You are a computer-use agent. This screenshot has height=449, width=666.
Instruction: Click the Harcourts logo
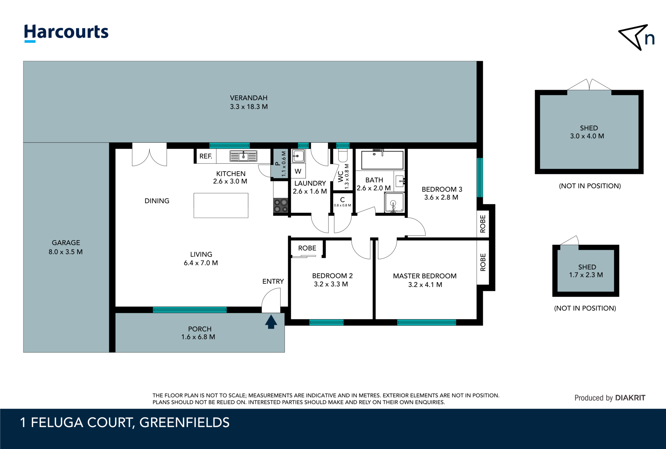66,33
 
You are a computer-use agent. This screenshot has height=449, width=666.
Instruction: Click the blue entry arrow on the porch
271,322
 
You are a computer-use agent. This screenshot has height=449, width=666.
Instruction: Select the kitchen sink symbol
243,156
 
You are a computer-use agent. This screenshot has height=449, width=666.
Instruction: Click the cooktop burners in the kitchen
281,206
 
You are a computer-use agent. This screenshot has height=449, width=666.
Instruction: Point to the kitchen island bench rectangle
221,205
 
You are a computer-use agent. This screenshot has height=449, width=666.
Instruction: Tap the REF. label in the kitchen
206,156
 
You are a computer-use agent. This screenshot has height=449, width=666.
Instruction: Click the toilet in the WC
343,155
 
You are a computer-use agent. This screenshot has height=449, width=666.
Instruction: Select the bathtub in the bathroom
382,160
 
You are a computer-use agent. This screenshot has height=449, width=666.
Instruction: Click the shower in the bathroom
394,203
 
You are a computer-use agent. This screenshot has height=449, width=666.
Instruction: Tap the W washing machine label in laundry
298,171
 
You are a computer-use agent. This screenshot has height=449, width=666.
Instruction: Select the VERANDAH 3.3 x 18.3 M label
249,102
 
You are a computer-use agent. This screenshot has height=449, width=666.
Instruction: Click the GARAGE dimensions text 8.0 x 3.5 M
66,252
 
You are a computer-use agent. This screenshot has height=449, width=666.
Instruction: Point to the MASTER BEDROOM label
425,276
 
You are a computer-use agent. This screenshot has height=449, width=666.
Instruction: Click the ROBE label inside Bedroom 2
307,248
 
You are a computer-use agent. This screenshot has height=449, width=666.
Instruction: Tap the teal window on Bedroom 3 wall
479,177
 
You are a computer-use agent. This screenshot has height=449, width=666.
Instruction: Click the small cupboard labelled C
342,202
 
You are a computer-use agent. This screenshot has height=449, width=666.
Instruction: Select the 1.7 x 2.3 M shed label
586,275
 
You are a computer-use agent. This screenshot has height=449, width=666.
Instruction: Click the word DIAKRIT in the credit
630,398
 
